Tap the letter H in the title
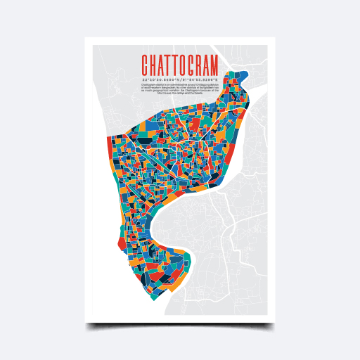click(x=153, y=65)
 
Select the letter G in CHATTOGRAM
click(x=186, y=65)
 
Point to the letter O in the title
click(x=178, y=65)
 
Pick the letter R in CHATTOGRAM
click(x=195, y=65)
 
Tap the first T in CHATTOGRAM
click(x=169, y=65)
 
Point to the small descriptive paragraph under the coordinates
click(x=181, y=88)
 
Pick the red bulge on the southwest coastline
click(x=122, y=243)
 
